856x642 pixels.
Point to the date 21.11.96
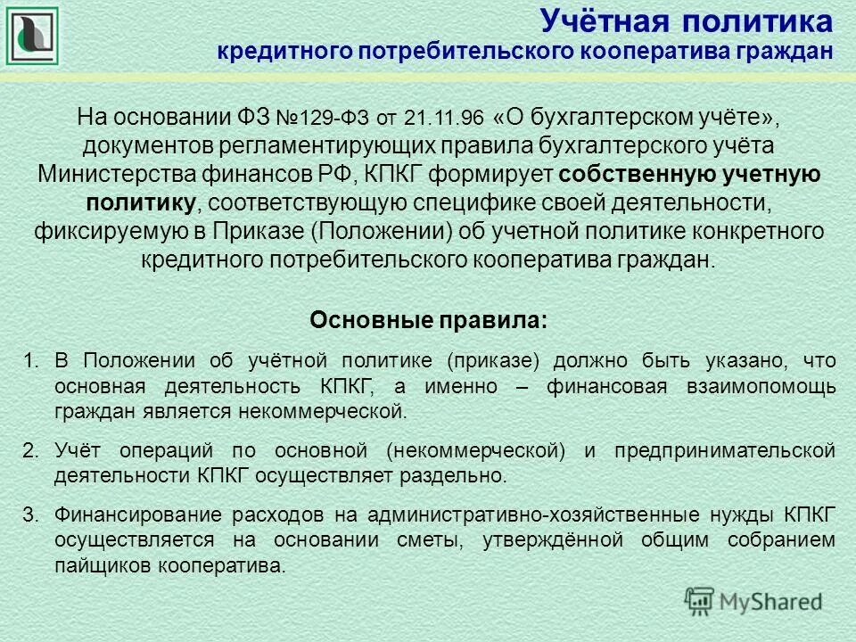click(x=442, y=119)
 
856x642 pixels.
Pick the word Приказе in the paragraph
click(x=261, y=231)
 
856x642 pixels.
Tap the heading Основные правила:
click(x=428, y=319)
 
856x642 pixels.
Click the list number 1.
click(x=30, y=361)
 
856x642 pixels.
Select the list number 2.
click(x=30, y=450)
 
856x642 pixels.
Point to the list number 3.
click(x=30, y=514)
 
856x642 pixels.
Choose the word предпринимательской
click(x=725, y=450)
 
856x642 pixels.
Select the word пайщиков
click(x=102, y=564)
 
